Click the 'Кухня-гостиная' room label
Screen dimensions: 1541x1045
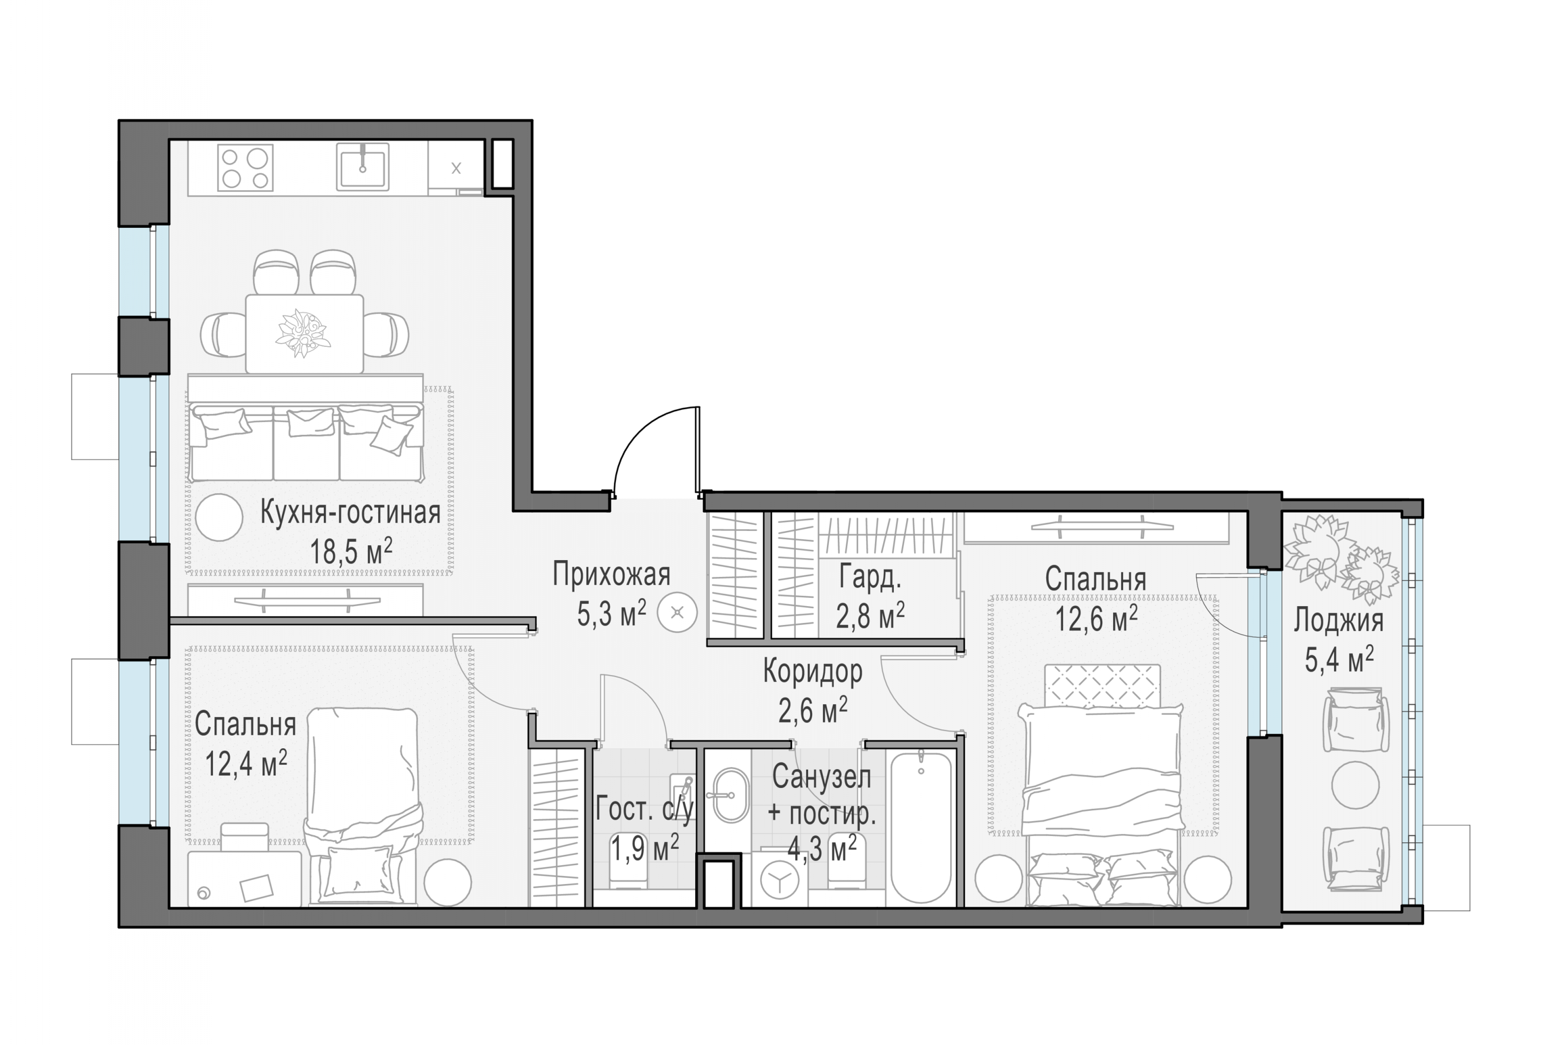350,513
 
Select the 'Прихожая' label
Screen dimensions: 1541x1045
611,575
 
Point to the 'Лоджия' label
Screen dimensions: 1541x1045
1339,621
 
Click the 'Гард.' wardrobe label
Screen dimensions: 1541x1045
870,577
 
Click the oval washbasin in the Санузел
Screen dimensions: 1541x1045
730,795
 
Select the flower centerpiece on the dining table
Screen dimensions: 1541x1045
303,333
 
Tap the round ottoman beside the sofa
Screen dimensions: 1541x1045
218,518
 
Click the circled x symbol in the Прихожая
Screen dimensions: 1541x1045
677,613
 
